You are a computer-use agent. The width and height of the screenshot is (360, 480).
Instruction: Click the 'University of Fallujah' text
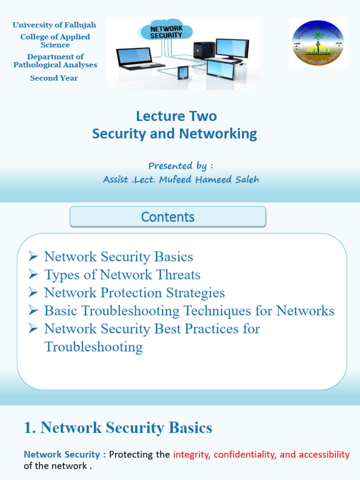pos(55,25)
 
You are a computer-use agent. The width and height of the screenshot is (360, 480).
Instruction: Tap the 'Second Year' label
pos(54,78)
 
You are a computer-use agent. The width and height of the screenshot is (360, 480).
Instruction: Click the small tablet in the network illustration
pos(183,73)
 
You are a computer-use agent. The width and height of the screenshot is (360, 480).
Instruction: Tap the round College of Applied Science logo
pos(318,43)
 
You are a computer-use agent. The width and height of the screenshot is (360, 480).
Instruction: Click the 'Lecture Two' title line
pos(176,116)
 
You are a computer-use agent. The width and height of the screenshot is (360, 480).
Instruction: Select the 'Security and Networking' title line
pos(174,134)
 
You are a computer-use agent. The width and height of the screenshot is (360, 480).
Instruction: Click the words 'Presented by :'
pos(180,165)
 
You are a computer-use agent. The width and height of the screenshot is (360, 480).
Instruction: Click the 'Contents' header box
pos(168,217)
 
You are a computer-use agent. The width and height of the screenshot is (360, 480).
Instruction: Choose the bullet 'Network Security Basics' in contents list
pos(118,257)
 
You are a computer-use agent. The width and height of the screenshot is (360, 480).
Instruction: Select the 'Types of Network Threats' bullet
pos(122,275)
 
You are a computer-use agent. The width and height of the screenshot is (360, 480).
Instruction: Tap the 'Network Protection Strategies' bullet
pos(134,293)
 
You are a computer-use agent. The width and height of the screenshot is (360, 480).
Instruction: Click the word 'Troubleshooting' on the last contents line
pos(93,347)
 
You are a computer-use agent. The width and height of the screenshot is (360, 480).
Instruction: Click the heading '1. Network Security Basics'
pos(118,427)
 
